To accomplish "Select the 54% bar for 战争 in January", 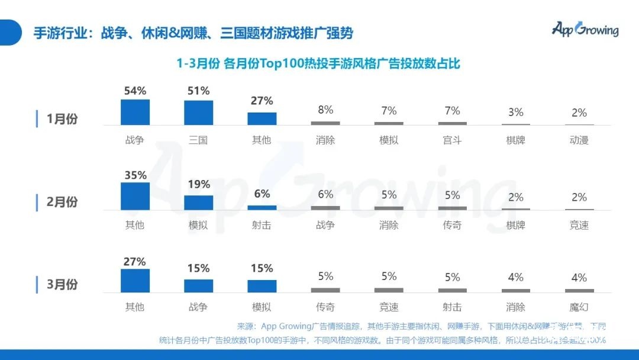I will click(135, 112).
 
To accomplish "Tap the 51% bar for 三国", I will click(198, 112).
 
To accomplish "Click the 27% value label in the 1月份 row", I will click(262, 101).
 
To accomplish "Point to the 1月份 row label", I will click(62, 119).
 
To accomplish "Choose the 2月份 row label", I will click(62, 202).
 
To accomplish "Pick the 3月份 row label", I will click(62, 284).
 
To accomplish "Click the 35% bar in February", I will click(135, 196).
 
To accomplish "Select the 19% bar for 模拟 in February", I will click(198, 202).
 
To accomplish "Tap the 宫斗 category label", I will click(452, 140).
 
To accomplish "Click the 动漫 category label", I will click(579, 140).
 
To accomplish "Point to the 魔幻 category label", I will click(579, 307).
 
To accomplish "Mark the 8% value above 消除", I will click(325, 110).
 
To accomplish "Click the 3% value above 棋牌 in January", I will click(516, 112).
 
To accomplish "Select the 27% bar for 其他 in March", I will click(135, 281).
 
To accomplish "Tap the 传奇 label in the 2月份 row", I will click(452, 225).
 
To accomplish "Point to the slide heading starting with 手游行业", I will click(193, 33).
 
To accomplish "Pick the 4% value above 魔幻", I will click(579, 277).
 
